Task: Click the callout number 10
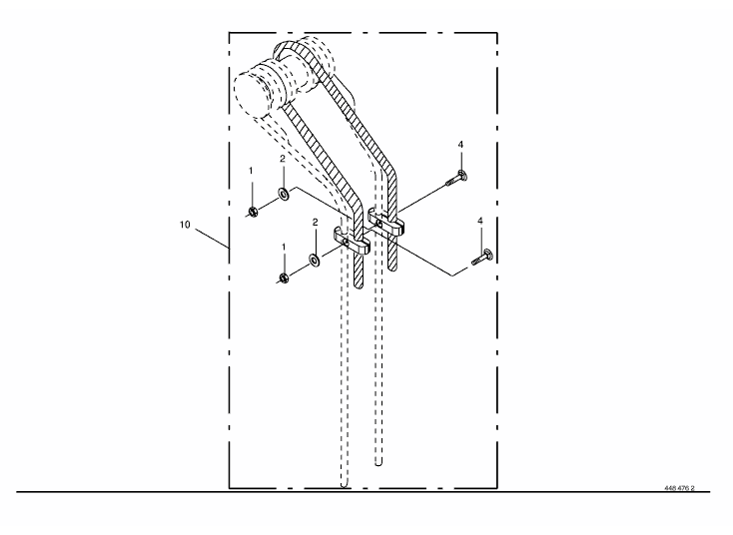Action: (185, 225)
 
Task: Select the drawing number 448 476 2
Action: (679, 488)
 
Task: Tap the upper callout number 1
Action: (251, 171)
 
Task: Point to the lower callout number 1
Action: (284, 247)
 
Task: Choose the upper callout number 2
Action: (283, 159)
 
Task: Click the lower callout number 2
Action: (316, 223)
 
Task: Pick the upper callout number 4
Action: (460, 145)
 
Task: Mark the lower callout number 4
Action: (480, 221)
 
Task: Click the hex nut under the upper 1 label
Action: (252, 213)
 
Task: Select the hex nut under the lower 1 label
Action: (284, 278)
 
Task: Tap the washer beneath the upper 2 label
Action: (284, 193)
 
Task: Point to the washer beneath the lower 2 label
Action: (315, 261)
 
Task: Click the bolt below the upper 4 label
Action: (456, 178)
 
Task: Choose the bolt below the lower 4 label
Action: (482, 257)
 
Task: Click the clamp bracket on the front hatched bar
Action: (352, 241)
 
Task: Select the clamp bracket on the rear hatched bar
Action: (386, 222)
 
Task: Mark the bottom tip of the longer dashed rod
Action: (345, 486)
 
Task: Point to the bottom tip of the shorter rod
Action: (378, 464)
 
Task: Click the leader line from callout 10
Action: (213, 238)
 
